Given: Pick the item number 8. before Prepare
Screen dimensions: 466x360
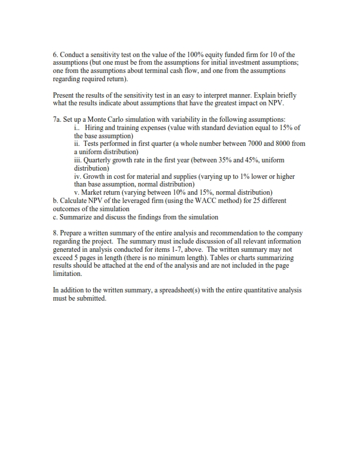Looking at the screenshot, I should (x=56, y=233).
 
